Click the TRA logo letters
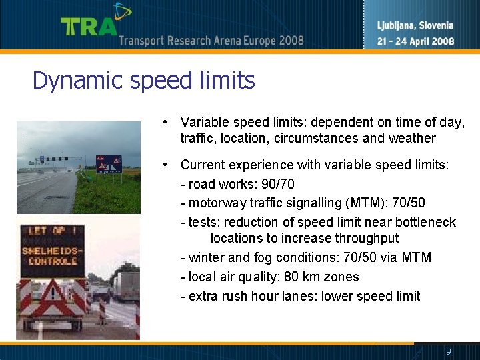[89, 27]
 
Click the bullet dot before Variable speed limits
[163, 122]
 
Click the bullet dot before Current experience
[163, 164]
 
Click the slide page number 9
[449, 351]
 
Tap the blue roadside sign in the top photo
[109, 163]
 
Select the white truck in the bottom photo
[127, 283]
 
